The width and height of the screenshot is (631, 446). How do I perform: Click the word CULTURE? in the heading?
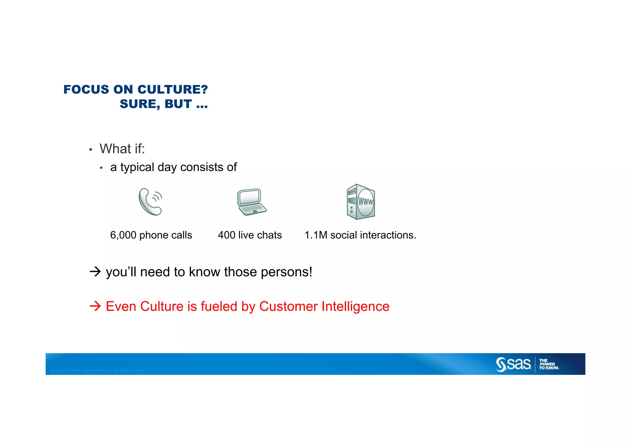pyautogui.click(x=173, y=90)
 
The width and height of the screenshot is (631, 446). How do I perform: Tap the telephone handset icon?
pyautogui.click(x=150, y=202)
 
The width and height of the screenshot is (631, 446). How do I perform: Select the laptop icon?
pyautogui.click(x=251, y=202)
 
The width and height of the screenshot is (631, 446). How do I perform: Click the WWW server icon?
pyautogui.click(x=360, y=202)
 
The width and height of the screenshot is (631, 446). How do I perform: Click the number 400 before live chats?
pyautogui.click(x=226, y=235)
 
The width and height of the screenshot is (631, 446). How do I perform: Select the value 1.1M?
pyautogui.click(x=316, y=235)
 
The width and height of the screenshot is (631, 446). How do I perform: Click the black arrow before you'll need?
pyautogui.click(x=95, y=272)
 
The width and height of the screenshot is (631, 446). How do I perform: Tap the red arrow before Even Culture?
pyautogui.click(x=95, y=306)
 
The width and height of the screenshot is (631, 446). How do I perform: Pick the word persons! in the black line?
pyautogui.click(x=287, y=272)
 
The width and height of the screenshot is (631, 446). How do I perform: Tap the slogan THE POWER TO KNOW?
pyautogui.click(x=549, y=364)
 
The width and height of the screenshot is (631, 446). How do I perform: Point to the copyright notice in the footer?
pyautogui.click(x=98, y=370)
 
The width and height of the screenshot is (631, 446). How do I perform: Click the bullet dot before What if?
pyautogui.click(x=91, y=150)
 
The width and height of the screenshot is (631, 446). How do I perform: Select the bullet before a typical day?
pyautogui.click(x=101, y=168)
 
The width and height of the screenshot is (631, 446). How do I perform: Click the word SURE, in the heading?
pyautogui.click(x=140, y=104)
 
